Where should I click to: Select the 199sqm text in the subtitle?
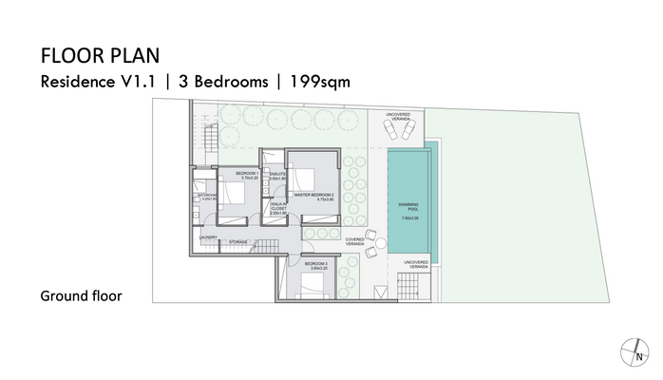pyautogui.click(x=319, y=81)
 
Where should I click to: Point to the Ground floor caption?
pyautogui.click(x=81, y=295)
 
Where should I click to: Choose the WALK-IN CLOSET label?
pyautogui.click(x=279, y=208)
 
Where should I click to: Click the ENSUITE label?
pyautogui.click(x=277, y=175)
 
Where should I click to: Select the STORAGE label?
pyautogui.click(x=238, y=242)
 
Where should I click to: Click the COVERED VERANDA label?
pyautogui.click(x=354, y=242)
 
